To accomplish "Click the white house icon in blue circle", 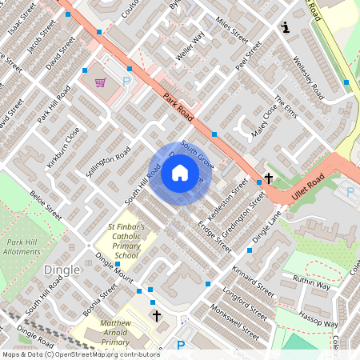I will pyautogui.click(x=179, y=173).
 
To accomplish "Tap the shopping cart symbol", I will pyautogui.click(x=101, y=82).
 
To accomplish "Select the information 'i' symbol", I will pyautogui.click(x=286, y=28).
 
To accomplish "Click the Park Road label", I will pyautogui.click(x=180, y=107).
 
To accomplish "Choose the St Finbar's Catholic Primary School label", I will pyautogui.click(x=126, y=241).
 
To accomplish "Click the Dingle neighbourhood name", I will pyautogui.click(x=62, y=270).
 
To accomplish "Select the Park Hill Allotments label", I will pyautogui.click(x=23, y=246).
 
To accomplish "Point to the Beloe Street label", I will pyautogui.click(x=45, y=205).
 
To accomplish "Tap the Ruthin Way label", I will pyautogui.click(x=311, y=282).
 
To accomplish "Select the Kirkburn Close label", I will pyautogui.click(x=63, y=146).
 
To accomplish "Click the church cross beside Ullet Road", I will pyautogui.click(x=269, y=178).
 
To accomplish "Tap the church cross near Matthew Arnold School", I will pyautogui.click(x=156, y=317).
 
